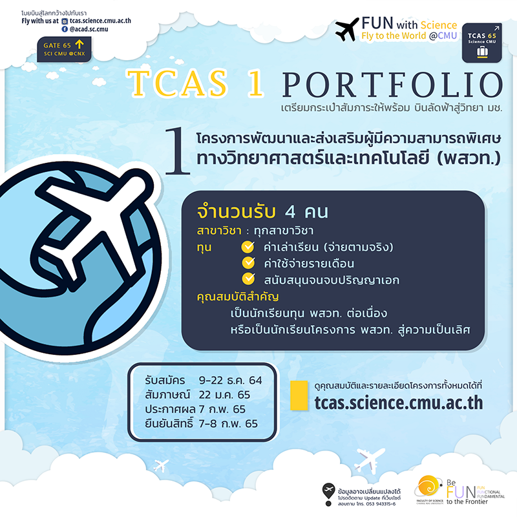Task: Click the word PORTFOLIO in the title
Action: tap(392, 85)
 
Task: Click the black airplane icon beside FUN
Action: tap(347, 29)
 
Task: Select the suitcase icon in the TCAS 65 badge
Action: tap(482, 52)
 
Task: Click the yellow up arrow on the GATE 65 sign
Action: tap(79, 44)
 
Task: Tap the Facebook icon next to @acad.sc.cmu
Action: tap(65, 29)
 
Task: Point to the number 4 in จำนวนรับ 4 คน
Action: tap(290, 212)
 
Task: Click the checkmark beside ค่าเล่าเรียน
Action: tap(248, 247)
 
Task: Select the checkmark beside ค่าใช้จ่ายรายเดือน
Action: tap(248, 263)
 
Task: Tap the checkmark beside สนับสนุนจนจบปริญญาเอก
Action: tap(248, 279)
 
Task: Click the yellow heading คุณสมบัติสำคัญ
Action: tap(238, 297)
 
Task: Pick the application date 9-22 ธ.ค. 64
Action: tap(230, 380)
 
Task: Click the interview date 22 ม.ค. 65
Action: tap(224, 395)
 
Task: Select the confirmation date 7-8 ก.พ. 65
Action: tap(228, 423)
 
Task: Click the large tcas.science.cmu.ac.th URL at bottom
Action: tap(399, 403)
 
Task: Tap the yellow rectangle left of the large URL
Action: tap(299, 396)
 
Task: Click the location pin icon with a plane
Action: tap(328, 494)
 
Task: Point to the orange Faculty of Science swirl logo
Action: tap(428, 486)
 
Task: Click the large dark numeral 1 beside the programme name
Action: tap(178, 151)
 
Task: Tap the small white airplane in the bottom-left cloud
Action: tap(161, 466)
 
